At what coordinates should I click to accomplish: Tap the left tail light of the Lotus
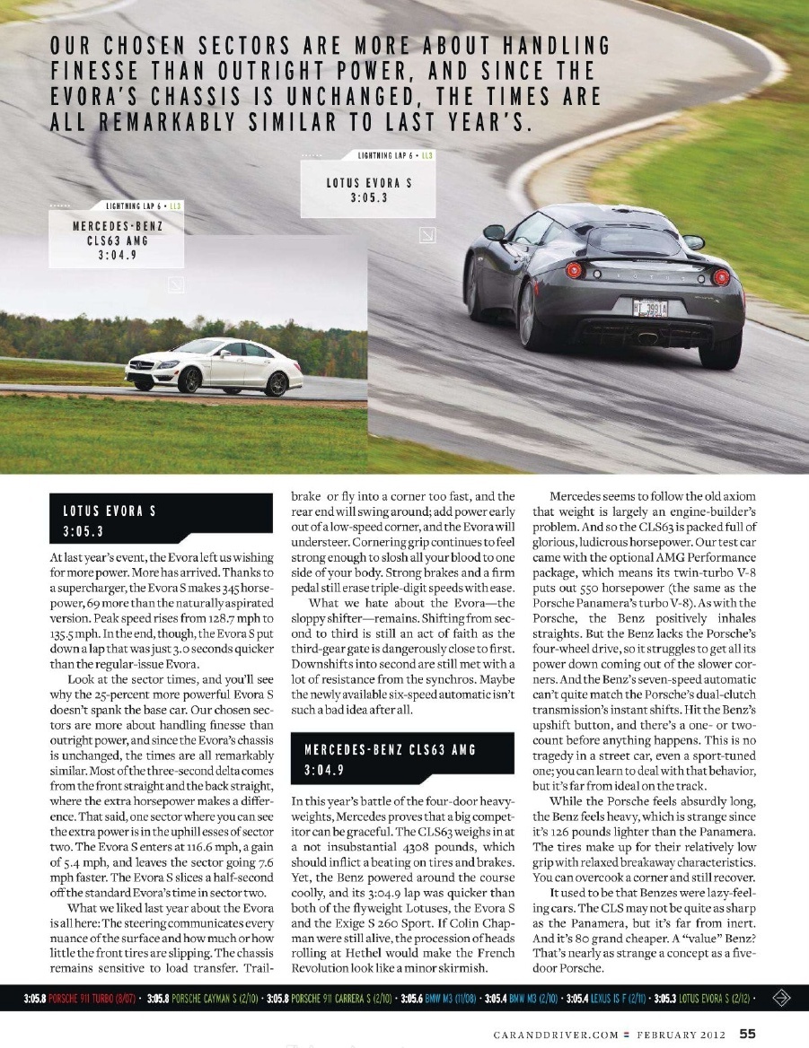coord(575,270)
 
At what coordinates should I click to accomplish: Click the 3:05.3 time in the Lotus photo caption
coord(369,198)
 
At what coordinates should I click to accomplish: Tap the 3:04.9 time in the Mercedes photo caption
coord(117,255)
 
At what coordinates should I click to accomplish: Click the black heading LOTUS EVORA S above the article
coord(110,511)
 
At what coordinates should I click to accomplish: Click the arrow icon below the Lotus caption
coord(428,236)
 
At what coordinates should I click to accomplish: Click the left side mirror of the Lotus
coord(494,232)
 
